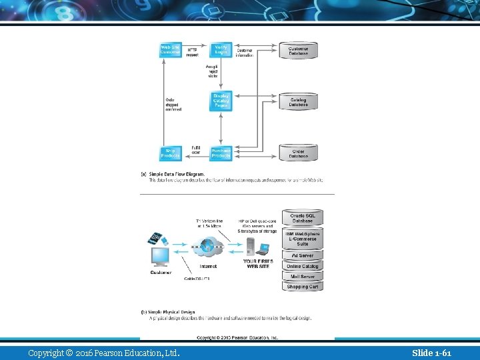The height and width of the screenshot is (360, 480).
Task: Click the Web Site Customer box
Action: (170, 51)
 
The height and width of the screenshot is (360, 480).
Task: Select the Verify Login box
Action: (221, 51)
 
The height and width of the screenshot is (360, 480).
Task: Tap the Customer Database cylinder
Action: (298, 51)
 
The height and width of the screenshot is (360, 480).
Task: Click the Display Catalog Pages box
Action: (221, 101)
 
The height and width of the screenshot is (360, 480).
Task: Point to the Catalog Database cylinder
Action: (298, 102)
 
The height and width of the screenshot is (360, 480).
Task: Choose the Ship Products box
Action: (170, 153)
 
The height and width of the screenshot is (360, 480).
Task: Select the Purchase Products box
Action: (221, 153)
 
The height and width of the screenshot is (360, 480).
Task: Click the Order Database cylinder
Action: (298, 153)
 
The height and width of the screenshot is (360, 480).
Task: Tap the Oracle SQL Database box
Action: (303, 218)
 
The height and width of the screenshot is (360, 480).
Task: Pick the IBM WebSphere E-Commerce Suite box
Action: (303, 239)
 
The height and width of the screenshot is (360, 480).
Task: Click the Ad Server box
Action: (303, 255)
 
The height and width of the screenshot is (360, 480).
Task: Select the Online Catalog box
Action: (303, 266)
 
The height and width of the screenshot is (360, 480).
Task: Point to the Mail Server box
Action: (303, 276)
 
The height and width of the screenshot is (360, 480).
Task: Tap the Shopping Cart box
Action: (303, 287)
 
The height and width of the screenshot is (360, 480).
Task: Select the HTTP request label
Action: (192, 52)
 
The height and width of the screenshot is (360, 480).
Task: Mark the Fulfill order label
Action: (196, 150)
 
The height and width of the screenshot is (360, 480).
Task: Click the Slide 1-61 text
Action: (431, 353)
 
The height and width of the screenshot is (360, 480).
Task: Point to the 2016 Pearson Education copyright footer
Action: (103, 353)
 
